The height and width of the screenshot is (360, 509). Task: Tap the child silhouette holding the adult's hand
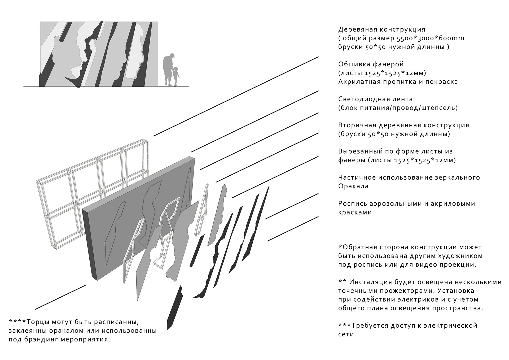[176, 76]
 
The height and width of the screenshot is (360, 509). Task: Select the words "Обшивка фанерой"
[371, 64]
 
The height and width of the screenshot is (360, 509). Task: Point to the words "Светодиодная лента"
[376, 99]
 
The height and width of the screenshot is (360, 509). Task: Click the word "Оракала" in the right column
[353, 186]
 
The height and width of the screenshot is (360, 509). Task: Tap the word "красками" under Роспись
[355, 212]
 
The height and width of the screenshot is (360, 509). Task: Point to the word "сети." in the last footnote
[347, 335]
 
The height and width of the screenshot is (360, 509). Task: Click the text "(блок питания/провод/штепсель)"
[398, 108]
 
